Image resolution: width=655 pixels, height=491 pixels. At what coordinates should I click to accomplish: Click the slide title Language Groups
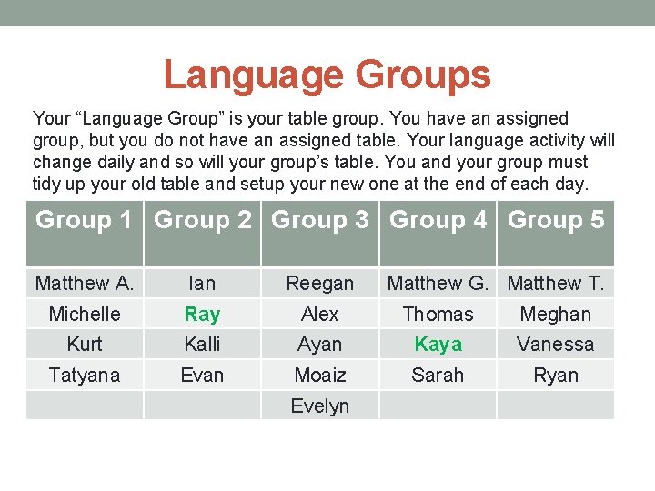(327, 75)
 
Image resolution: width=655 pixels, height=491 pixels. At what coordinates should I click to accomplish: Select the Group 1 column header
(84, 220)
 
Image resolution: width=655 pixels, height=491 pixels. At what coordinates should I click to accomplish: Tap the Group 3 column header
(320, 220)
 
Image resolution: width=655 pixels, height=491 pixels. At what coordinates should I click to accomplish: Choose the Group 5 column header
(556, 220)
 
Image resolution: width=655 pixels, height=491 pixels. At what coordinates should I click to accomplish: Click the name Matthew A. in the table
(85, 284)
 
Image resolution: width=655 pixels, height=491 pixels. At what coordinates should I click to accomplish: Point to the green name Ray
(202, 315)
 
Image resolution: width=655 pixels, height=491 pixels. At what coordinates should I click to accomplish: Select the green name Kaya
(438, 345)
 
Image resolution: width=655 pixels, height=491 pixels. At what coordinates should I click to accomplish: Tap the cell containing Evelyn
(320, 406)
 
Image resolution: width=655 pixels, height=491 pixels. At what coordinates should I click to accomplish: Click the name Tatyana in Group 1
(85, 375)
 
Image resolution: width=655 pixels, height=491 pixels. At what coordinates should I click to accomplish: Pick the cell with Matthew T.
(556, 284)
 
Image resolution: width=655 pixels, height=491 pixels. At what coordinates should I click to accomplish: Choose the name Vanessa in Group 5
(556, 345)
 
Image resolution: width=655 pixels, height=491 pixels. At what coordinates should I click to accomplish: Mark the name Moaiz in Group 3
(320, 375)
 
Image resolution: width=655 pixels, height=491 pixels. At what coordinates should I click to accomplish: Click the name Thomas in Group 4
(438, 315)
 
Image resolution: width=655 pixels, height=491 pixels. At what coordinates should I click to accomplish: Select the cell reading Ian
(202, 284)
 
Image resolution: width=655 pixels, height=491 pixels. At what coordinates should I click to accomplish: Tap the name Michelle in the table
(85, 315)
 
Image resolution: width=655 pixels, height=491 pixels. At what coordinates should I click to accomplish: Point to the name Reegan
(320, 284)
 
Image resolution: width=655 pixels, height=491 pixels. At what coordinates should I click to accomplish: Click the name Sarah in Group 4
(438, 375)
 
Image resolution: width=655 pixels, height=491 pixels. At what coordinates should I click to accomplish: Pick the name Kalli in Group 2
(202, 345)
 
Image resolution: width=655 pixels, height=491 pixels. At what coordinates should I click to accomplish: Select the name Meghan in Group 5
(556, 315)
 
